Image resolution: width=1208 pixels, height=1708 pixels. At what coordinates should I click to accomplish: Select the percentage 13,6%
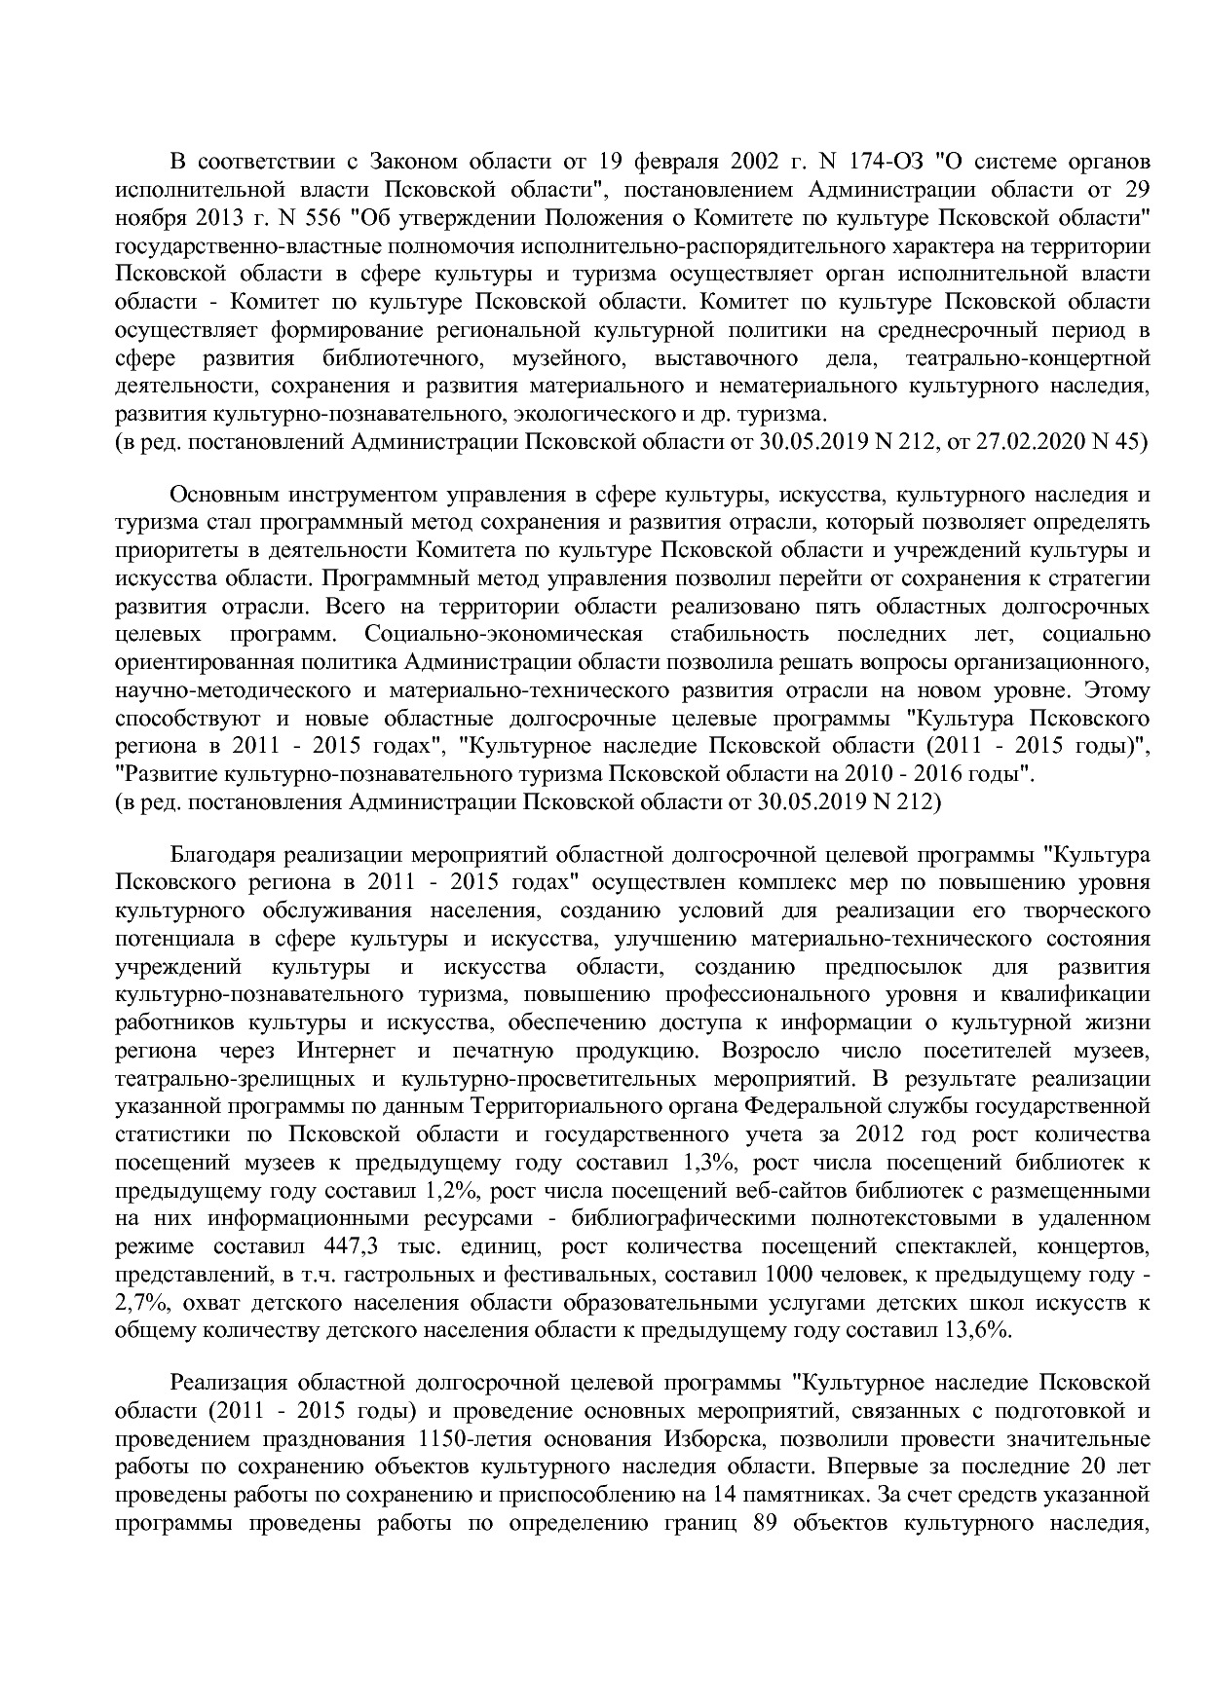(x=977, y=1331)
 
